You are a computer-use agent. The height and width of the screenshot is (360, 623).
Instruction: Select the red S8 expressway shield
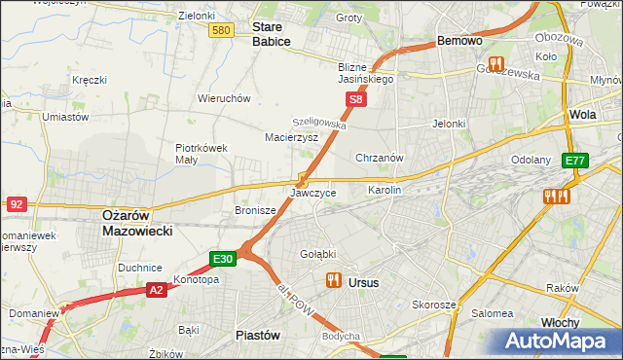tap(357, 100)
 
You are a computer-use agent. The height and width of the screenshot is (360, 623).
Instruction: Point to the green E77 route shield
tap(575, 162)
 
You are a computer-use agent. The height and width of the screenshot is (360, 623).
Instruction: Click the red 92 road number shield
tap(17, 204)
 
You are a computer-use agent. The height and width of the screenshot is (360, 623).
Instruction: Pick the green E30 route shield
tap(223, 259)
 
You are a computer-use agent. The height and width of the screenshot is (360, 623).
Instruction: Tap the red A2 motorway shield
tap(157, 290)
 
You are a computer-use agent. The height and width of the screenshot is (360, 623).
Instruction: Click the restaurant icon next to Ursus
tap(333, 281)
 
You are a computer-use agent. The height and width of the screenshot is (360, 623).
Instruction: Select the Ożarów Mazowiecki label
tap(137, 223)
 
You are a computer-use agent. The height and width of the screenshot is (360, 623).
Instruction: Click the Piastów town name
tap(258, 335)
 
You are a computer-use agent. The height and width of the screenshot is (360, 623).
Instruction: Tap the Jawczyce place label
tap(312, 193)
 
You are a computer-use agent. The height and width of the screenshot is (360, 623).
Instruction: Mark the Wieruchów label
tap(225, 98)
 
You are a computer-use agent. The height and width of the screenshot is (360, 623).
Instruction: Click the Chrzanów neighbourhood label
tap(380, 157)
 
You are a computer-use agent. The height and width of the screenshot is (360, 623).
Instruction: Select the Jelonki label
tap(450, 124)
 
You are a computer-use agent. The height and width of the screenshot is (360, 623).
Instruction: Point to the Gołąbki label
tap(319, 255)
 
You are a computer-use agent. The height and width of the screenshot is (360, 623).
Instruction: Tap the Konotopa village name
tap(196, 279)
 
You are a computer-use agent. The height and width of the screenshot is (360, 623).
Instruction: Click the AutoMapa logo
tap(559, 342)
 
